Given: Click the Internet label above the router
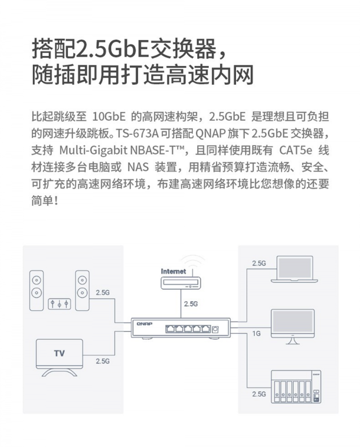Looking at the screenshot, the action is coord(173,271).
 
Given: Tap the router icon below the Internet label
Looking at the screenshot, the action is coord(181,283).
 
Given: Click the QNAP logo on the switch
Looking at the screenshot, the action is coord(144,324).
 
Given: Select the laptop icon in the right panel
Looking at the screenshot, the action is coord(294,270).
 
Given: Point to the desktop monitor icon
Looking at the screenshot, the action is coord(293,327).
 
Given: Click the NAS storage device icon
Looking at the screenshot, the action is coord(296,387).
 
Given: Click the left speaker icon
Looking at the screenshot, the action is coord(36,291).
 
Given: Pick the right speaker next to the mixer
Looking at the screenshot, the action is coord(82,291).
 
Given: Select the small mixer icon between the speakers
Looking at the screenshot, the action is coord(60,304).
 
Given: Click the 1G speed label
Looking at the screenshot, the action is coord(256,333).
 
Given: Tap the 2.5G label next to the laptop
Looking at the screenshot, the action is coord(259,263).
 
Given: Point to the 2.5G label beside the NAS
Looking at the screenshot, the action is coord(259,394).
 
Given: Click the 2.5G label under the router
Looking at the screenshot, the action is coord(191,304).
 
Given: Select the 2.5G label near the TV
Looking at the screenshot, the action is coord(103,361).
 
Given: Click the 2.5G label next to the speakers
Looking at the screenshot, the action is coord(103,293).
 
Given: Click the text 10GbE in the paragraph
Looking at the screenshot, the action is coord(109,117).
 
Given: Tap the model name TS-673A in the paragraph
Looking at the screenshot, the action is coord(137,133).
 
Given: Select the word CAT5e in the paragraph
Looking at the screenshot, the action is coord(296,150).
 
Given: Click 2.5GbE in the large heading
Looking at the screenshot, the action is coord(111,49).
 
